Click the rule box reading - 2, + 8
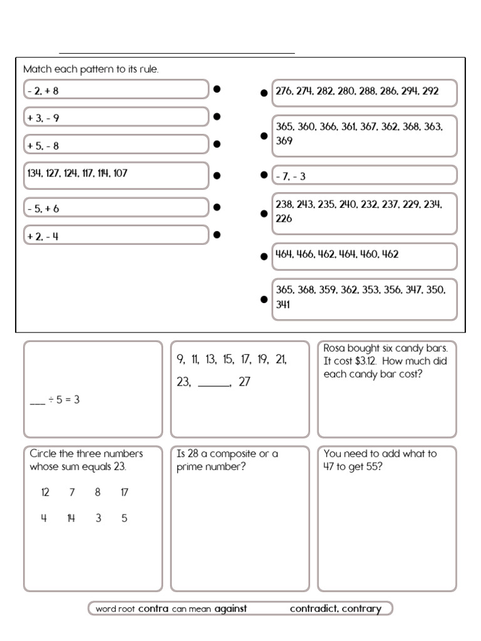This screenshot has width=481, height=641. (116, 90)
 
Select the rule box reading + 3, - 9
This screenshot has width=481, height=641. (116, 117)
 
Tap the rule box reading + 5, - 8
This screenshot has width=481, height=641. (116, 145)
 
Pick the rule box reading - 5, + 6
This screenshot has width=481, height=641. (116, 208)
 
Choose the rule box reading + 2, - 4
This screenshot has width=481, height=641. (116, 235)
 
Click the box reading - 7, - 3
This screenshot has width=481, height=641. (364, 175)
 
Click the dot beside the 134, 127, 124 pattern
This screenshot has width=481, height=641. (217, 175)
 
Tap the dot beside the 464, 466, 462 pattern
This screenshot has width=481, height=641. (264, 256)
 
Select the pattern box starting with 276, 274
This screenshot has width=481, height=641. (364, 92)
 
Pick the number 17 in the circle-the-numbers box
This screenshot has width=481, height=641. (124, 493)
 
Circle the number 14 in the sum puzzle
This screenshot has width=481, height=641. (71, 518)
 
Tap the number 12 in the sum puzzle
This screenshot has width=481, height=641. (44, 493)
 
